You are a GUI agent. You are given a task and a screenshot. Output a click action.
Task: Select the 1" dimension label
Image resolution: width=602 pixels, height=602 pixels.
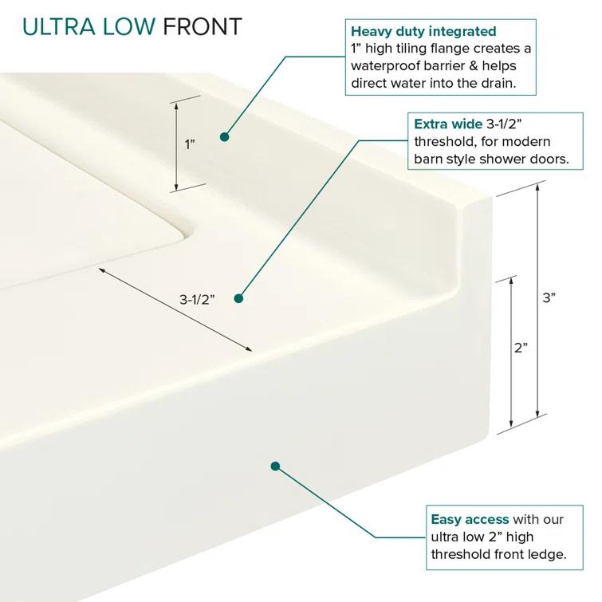(x=190, y=144)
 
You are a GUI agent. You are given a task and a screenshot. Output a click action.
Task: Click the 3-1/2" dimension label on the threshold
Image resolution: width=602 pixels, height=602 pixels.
(x=195, y=300)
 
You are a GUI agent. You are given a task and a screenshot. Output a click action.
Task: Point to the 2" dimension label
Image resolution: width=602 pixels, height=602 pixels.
(x=521, y=348)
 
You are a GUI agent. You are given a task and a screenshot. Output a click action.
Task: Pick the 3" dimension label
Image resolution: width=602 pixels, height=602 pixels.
(x=549, y=297)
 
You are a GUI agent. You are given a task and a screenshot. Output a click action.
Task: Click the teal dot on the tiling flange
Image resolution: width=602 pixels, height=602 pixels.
(x=225, y=136)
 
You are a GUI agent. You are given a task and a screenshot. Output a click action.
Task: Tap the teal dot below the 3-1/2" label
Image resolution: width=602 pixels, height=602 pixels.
(x=238, y=298)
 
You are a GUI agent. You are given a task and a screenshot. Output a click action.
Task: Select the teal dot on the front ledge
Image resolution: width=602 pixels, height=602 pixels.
(x=275, y=466)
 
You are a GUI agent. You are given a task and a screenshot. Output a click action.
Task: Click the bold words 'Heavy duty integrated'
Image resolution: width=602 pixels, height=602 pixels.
(x=423, y=32)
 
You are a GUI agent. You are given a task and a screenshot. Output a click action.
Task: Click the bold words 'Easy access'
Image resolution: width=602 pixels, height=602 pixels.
(x=470, y=519)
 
